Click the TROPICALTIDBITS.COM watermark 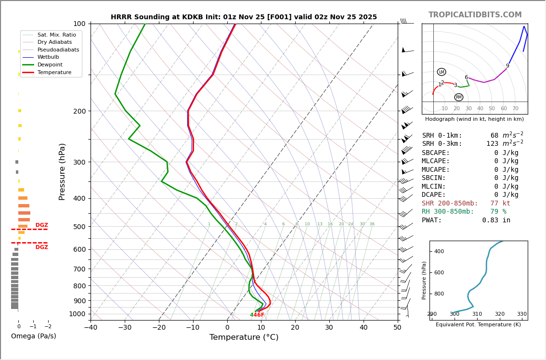(475, 15)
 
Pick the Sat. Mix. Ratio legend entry (57, 35)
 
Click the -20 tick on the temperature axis (159, 328)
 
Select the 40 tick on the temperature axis (364, 328)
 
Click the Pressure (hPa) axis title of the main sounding (63, 171)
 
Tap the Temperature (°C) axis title (244, 337)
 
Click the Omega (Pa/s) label (33, 336)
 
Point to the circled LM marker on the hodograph (442, 72)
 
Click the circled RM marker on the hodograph (459, 97)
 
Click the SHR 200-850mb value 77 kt (500, 204)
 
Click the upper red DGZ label (41, 225)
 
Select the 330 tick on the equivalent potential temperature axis (522, 314)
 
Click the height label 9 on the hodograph (507, 66)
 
